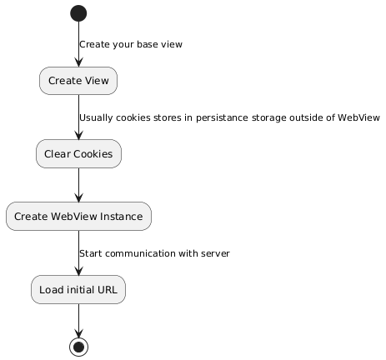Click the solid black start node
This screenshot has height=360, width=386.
(x=78, y=13)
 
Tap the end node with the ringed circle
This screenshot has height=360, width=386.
(x=79, y=347)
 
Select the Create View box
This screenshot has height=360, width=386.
(x=78, y=81)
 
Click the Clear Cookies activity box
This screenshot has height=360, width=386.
(x=78, y=153)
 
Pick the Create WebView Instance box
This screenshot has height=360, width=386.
(x=78, y=216)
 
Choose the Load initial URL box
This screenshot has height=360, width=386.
(x=78, y=289)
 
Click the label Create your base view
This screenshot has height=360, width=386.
(x=131, y=44)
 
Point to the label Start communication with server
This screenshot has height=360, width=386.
(x=154, y=253)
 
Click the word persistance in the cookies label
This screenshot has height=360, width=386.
(x=222, y=117)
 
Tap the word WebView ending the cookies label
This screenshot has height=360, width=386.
(x=358, y=117)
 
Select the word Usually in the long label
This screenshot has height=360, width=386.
(x=96, y=117)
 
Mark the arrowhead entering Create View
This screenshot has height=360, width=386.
(x=79, y=62)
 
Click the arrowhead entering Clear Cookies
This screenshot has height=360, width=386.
(x=79, y=135)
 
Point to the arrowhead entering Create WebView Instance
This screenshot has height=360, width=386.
(x=79, y=197)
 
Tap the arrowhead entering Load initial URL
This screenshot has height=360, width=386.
(x=79, y=271)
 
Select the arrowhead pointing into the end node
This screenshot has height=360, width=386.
(x=79, y=333)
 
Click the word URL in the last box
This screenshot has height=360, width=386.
(x=108, y=290)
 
